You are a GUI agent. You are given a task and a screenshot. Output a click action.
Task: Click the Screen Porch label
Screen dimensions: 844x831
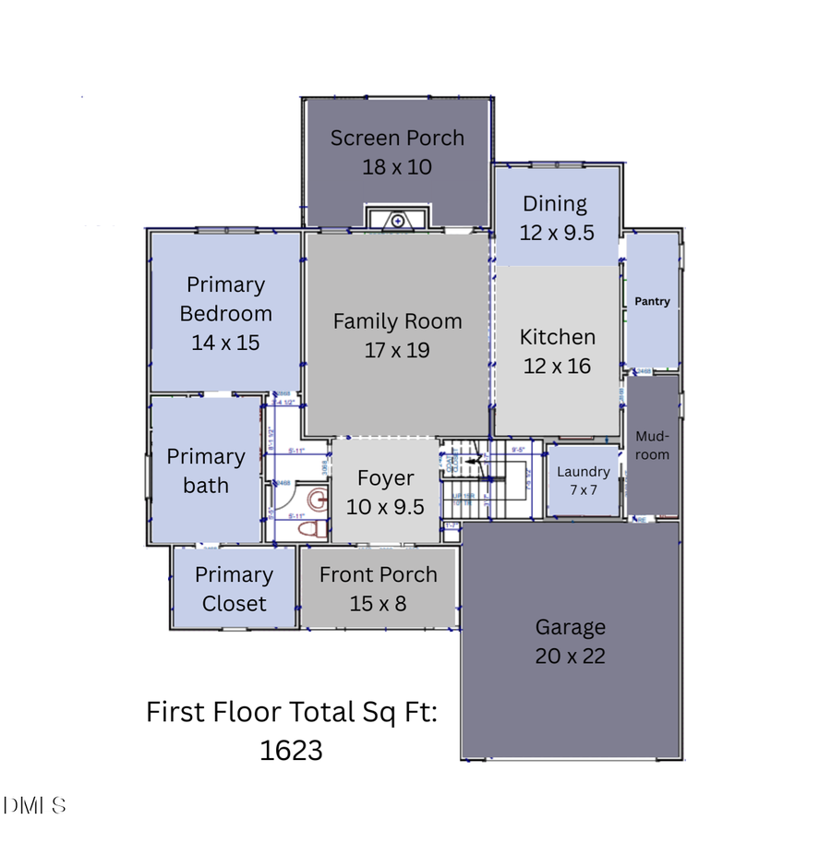pos(397,139)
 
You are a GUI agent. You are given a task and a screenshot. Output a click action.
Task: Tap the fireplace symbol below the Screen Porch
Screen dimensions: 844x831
pos(397,220)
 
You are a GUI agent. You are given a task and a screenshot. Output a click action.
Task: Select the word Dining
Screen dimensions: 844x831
pos(555,204)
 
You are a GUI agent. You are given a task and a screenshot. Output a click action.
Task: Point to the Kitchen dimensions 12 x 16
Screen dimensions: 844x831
pos(557,367)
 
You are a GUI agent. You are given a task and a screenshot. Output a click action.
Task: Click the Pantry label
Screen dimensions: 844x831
pos(652,302)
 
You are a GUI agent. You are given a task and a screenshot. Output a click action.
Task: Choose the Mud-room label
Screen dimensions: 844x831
pos(653,446)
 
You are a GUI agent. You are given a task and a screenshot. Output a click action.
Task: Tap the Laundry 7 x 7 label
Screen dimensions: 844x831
pos(584,480)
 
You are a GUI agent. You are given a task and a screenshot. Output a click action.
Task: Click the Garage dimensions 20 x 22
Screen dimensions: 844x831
pos(571,657)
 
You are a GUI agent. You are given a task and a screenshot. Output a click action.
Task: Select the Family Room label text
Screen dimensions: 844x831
pos(397,321)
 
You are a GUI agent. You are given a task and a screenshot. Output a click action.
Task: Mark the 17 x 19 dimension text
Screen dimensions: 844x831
pos(397,351)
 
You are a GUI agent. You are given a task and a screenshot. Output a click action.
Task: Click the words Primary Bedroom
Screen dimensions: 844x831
pos(225,299)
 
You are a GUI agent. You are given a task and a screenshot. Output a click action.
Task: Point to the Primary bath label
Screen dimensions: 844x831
pos(206,471)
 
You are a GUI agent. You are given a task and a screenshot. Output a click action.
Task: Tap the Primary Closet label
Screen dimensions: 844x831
pos(235,589)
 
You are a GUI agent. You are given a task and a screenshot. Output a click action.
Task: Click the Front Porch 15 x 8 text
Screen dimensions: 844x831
pos(379,589)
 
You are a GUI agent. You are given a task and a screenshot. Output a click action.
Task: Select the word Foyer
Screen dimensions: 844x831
pos(386,478)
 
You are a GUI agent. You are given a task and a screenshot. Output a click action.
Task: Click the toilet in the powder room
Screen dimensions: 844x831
pos(310,529)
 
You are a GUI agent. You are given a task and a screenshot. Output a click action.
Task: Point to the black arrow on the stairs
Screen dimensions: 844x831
pos(471,459)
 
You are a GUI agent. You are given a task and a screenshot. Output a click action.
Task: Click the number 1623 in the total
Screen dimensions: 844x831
pos(292,751)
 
